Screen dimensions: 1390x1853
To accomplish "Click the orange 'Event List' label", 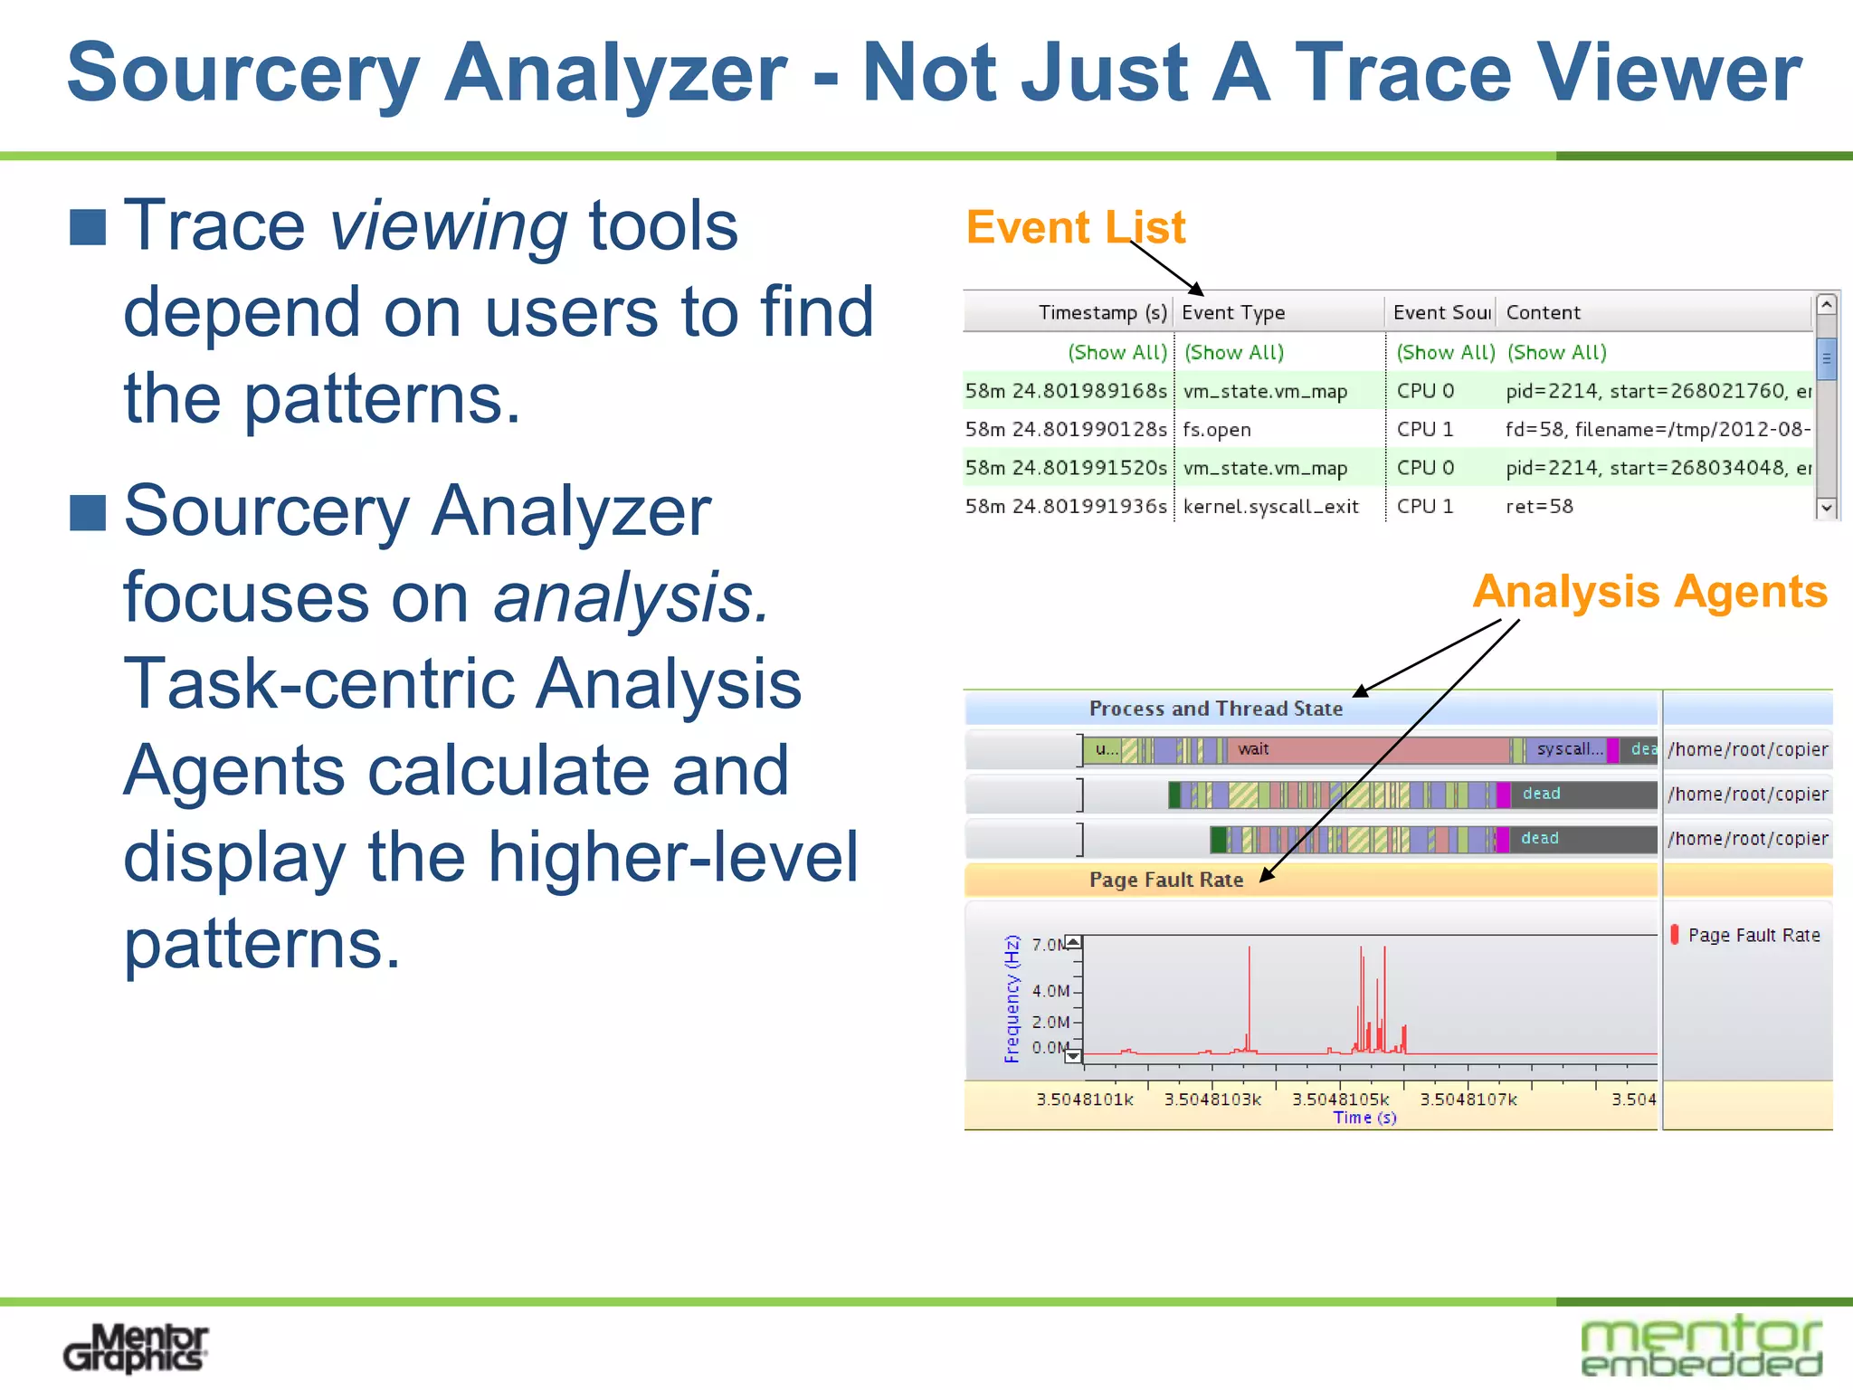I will click(1075, 227).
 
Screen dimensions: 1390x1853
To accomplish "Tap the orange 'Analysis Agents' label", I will click(1649, 592).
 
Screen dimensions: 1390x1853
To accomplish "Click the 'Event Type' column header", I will click(1232, 312).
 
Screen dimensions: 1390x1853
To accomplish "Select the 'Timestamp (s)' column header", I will click(1102, 312).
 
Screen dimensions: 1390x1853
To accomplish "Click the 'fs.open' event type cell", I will click(1216, 430).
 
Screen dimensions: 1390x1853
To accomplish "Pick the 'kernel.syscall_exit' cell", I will click(1270, 507).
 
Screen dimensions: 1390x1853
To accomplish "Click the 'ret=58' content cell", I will click(1539, 507).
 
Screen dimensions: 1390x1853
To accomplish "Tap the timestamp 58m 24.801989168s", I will click(1066, 391).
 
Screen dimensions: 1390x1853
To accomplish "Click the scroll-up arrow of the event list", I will click(1826, 305).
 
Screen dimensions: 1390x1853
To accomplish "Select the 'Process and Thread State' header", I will click(1215, 709).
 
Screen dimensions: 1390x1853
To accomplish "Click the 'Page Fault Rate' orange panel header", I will click(1165, 880).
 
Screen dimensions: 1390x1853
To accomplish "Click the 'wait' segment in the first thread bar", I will click(1253, 749).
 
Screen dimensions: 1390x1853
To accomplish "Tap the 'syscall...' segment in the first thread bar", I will click(1569, 749).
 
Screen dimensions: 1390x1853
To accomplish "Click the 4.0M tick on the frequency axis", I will click(1051, 991).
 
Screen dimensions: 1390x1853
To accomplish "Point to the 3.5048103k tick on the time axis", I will click(1212, 1099).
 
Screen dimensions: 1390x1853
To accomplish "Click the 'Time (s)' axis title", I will click(1364, 1118).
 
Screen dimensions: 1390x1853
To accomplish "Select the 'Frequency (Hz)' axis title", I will click(1012, 998).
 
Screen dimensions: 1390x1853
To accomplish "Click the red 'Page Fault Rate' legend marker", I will click(1675, 935).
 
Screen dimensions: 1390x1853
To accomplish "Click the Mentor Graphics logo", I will click(136, 1347).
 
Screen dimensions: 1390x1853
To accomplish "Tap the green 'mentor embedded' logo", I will click(1701, 1347).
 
